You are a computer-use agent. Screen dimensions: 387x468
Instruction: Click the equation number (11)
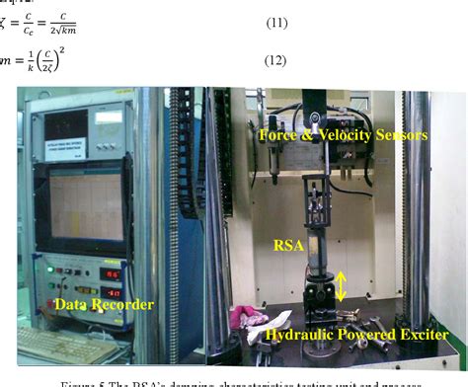pyautogui.click(x=273, y=20)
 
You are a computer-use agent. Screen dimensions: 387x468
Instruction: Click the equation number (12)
pyautogui.click(x=273, y=60)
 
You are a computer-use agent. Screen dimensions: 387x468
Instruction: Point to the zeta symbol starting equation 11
pyautogui.click(x=5, y=20)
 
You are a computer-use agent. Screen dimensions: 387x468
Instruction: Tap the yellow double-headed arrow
pyautogui.click(x=341, y=285)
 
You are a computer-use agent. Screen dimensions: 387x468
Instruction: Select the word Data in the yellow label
pyautogui.click(x=73, y=305)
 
